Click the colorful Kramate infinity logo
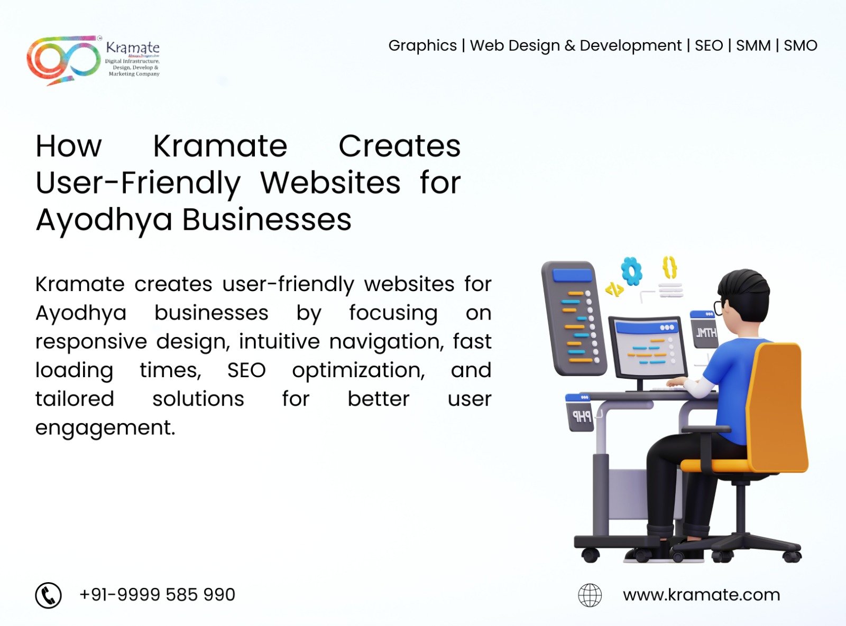[x=63, y=60]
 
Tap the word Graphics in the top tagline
[x=422, y=46]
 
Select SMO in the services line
[x=800, y=46]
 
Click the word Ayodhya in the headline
[x=104, y=220]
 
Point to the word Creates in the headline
[x=399, y=146]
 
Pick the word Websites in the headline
[x=330, y=183]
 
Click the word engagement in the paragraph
[x=105, y=428]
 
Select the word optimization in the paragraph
[x=358, y=370]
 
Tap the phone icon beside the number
[x=49, y=595]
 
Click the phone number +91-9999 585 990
[x=157, y=595]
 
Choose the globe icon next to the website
[x=590, y=595]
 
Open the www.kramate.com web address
[x=702, y=595]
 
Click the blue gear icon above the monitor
[x=631, y=270]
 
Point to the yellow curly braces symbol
[x=670, y=267]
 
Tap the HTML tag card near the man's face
[x=704, y=330]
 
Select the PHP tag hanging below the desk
[x=580, y=413]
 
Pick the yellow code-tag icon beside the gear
[x=614, y=289]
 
